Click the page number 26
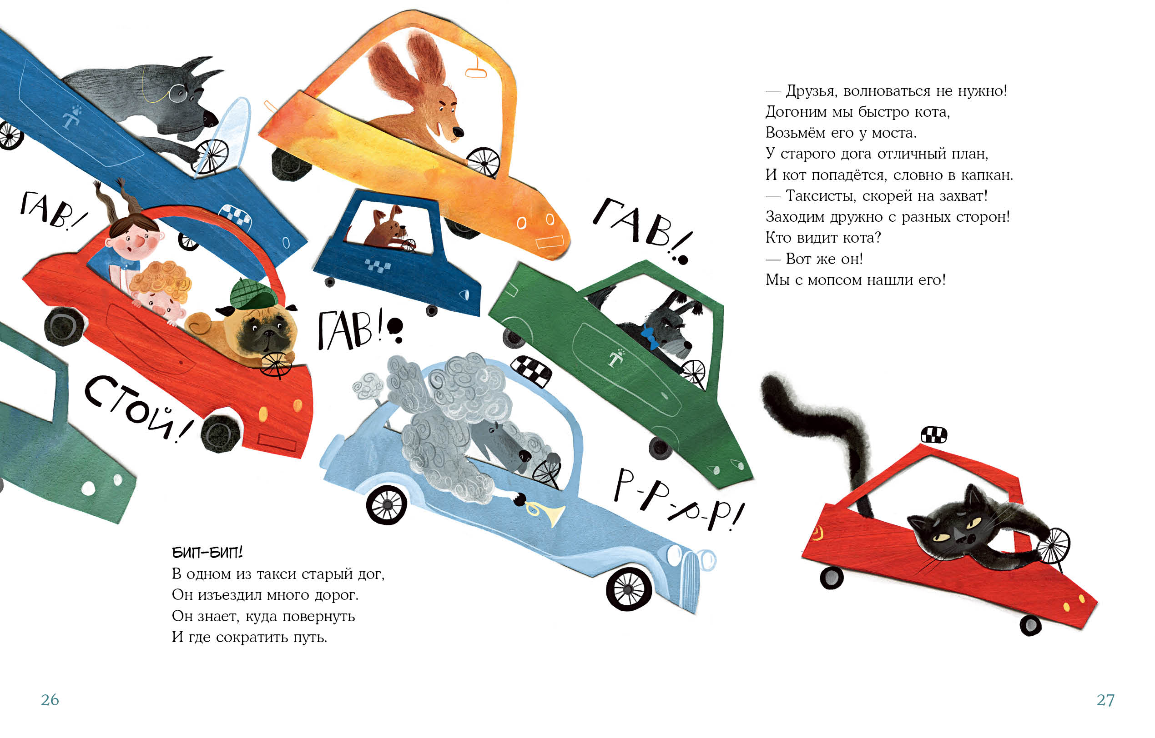click(50, 700)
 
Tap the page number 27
click(1105, 700)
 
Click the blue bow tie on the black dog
click(650, 336)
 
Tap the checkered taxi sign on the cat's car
click(934, 434)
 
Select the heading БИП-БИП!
click(207, 553)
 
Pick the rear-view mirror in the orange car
click(476, 69)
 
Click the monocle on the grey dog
click(178, 93)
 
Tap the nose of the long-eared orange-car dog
click(458, 132)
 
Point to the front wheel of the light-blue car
click(629, 589)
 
